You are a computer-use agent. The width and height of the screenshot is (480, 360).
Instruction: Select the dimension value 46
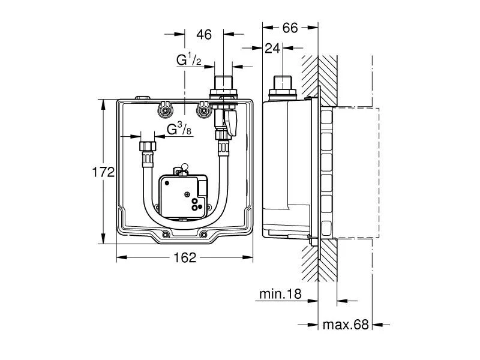(204, 35)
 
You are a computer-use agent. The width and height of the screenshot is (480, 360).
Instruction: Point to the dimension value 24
(274, 48)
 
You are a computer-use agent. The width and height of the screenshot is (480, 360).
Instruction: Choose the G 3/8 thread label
(179, 128)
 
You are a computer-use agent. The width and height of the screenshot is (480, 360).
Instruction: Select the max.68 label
(345, 325)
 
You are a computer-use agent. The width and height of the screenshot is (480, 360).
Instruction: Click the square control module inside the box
(184, 195)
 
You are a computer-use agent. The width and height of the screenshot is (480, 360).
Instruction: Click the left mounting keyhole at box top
(163, 110)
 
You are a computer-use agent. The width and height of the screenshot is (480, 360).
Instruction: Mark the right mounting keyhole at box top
(205, 110)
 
